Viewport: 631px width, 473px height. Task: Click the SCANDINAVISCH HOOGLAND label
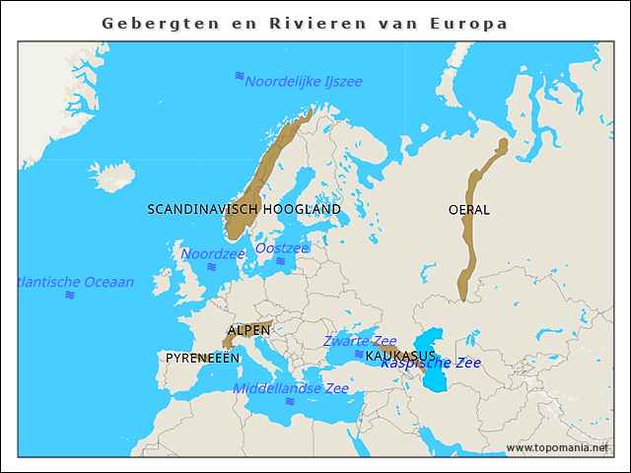point(244,209)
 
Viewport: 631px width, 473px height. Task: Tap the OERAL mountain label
point(468,209)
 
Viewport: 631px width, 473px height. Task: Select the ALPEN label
point(248,330)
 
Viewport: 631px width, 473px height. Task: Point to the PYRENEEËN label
point(202,358)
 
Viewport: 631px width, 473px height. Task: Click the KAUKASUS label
point(400,355)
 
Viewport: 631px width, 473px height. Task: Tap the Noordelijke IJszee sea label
point(304,81)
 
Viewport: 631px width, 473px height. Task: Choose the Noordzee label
point(213,253)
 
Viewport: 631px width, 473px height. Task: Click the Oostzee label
point(282,247)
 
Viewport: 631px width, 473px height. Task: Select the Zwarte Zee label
point(360,341)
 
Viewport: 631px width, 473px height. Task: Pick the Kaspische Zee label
point(431,363)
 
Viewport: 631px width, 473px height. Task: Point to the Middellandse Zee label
point(291,388)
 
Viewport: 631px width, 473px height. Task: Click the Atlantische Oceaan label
point(76,282)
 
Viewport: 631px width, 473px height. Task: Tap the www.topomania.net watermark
point(557,447)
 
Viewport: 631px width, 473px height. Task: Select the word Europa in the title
point(469,23)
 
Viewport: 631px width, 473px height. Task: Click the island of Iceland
point(115,178)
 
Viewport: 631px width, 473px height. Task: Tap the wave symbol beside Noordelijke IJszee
point(239,76)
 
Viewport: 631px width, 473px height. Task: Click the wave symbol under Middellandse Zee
point(289,402)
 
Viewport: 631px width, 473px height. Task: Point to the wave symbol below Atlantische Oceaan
point(70,295)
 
